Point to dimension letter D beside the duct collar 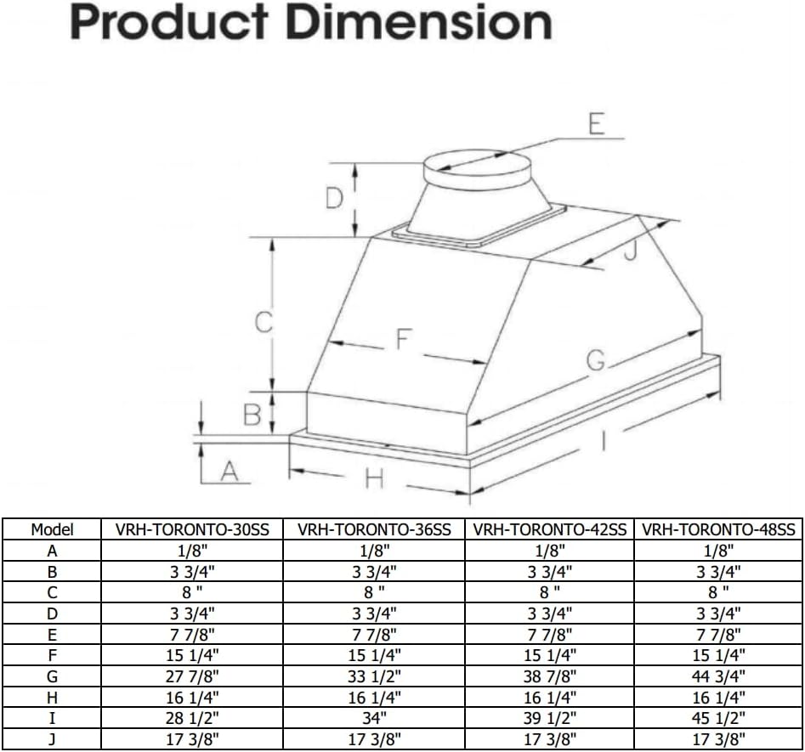[336, 200]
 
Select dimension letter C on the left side [264, 322]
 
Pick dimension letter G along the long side [596, 363]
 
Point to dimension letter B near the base [252, 416]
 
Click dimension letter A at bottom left [227, 470]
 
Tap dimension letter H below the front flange [374, 479]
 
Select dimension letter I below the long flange [603, 441]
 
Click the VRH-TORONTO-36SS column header [374, 529]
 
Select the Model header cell [52, 529]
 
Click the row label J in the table [52, 738]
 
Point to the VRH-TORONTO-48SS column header [718, 529]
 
